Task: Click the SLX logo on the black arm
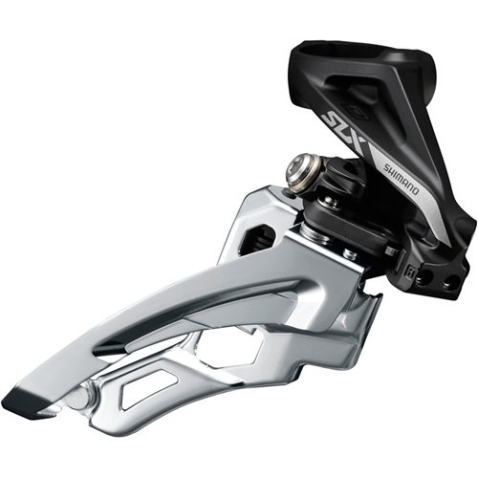tap(345, 128)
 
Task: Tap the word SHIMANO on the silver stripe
tap(402, 179)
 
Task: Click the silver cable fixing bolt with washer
tap(302, 169)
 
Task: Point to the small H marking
tap(411, 265)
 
